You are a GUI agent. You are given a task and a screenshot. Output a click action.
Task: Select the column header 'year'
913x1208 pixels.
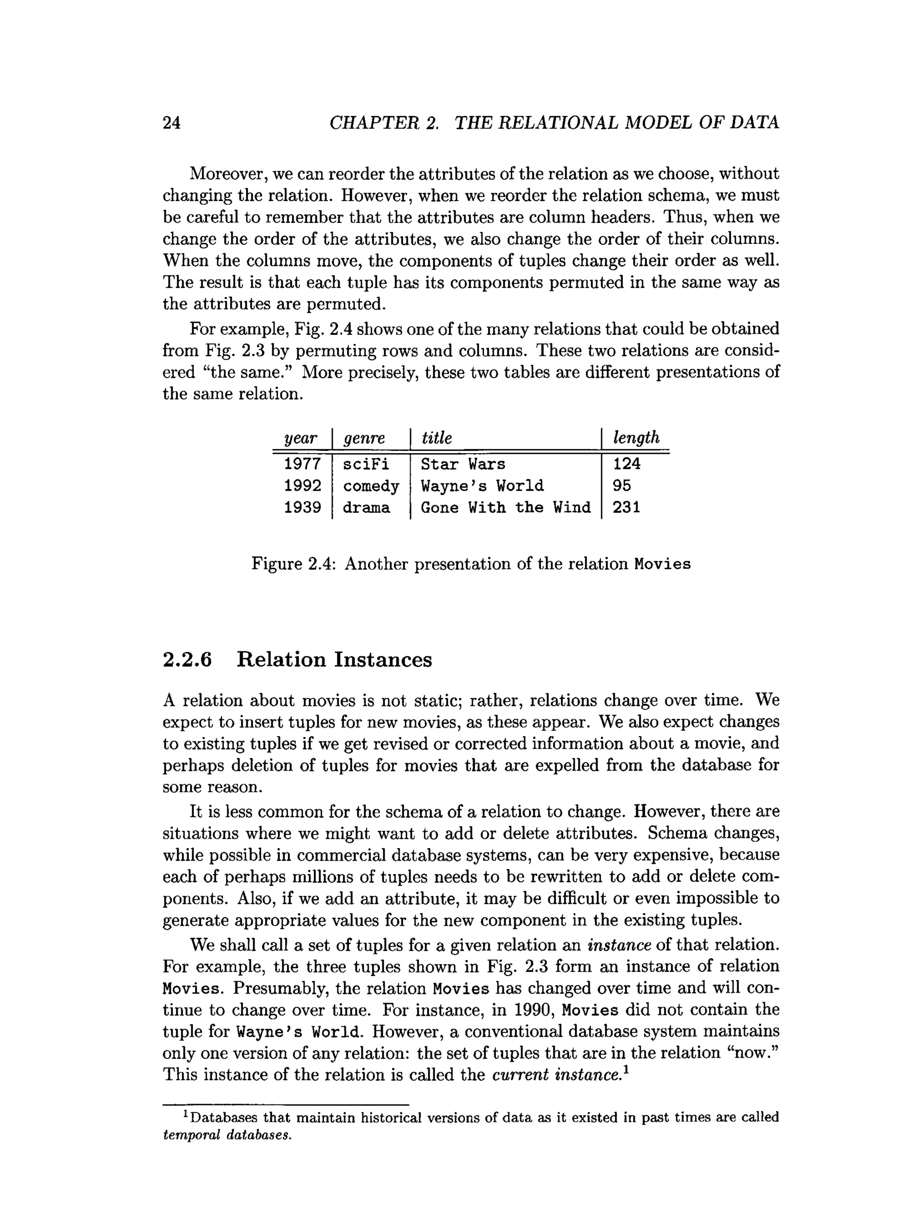[x=300, y=437]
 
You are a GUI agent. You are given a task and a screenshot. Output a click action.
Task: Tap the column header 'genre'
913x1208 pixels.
[x=364, y=438]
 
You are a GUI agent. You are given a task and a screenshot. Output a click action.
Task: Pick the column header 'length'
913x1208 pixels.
[x=636, y=437]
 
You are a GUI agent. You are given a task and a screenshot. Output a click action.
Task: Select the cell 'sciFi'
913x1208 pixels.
[x=366, y=464]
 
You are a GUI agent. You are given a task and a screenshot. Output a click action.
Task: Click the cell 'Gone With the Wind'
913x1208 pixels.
[x=505, y=508]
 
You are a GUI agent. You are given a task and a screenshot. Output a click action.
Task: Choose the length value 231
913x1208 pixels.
[x=626, y=508]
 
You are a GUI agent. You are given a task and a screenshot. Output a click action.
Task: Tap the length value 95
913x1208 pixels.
[x=621, y=486]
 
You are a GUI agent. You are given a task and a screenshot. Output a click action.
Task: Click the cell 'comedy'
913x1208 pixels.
[x=371, y=486]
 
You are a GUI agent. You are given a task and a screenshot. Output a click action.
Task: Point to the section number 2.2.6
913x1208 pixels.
[x=187, y=660]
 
